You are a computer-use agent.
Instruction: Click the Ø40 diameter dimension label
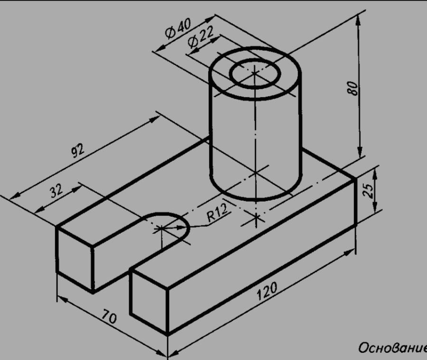(x=178, y=28)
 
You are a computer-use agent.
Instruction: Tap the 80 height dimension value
(x=353, y=88)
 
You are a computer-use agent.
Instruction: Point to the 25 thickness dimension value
(x=368, y=190)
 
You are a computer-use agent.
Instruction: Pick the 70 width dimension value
(x=110, y=316)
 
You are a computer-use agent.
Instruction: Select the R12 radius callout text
(x=217, y=212)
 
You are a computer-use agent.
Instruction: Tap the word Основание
(x=392, y=348)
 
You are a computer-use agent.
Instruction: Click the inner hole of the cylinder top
(x=255, y=73)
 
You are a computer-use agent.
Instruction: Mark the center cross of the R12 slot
(x=161, y=228)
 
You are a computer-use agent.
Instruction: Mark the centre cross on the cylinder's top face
(x=254, y=73)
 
